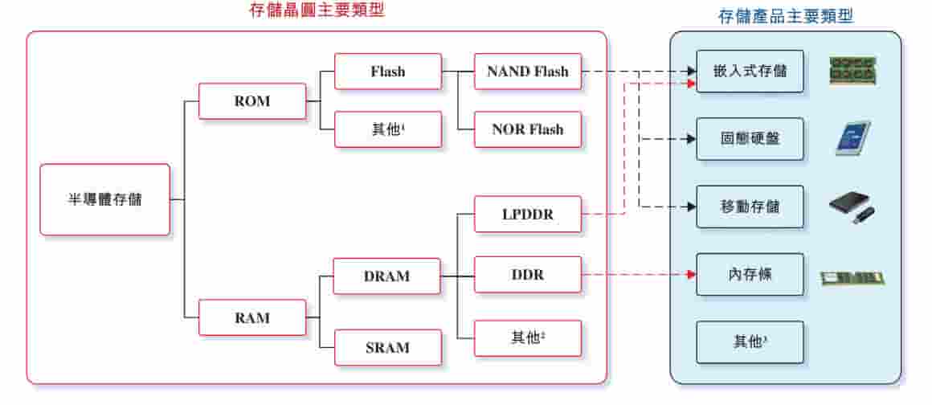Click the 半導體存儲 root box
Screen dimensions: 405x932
click(104, 199)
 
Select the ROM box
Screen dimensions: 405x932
click(252, 101)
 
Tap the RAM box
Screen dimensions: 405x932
click(252, 317)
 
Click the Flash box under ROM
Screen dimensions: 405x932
click(388, 72)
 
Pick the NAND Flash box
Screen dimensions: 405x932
click(527, 72)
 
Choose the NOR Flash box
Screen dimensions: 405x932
click(527, 129)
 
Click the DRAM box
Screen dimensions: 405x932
click(387, 276)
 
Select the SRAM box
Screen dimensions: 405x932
click(387, 347)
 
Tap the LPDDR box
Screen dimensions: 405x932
click(527, 215)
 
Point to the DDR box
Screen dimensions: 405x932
click(527, 275)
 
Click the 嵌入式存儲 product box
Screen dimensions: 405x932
click(750, 72)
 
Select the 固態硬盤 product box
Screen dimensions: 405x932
click(750, 139)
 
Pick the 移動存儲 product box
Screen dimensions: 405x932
click(750, 207)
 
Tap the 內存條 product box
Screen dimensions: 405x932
click(750, 275)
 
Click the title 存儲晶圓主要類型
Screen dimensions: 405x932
click(317, 10)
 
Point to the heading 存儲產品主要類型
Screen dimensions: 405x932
click(786, 16)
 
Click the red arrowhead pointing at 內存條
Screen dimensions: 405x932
click(690, 275)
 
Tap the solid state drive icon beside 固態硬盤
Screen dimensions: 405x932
click(852, 138)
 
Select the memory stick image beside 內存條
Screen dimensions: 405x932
click(852, 278)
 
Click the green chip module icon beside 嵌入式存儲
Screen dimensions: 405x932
click(852, 71)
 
